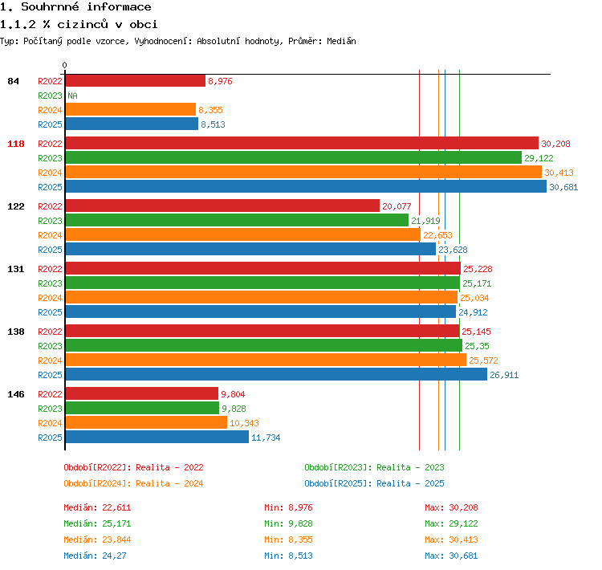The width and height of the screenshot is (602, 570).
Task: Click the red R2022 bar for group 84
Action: pos(136,80)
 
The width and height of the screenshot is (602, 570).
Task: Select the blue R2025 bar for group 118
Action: pos(306,187)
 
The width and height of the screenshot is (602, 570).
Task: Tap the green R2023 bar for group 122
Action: pos(237,221)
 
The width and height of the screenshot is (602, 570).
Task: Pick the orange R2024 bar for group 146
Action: pos(146,422)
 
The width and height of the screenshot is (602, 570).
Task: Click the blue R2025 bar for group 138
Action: pos(276,374)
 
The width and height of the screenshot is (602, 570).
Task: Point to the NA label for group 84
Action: pos(72,96)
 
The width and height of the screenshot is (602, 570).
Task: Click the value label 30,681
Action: pos(563,187)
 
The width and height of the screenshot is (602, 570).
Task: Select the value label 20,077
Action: pos(397,206)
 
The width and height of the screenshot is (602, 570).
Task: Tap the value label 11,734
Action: pos(266,438)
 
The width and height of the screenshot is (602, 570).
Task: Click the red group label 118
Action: pos(16,144)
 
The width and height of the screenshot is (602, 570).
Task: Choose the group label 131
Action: pos(16,269)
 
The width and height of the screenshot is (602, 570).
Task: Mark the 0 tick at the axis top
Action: pos(64,65)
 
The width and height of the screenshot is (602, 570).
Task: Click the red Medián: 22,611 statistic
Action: pos(97,507)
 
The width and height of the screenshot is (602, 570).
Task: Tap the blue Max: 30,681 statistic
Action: pos(451,556)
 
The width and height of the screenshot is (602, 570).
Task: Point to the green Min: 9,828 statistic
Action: pos(288,523)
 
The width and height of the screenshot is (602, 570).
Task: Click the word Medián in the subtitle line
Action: pos(341,41)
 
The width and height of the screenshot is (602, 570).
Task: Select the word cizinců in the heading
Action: pos(83,24)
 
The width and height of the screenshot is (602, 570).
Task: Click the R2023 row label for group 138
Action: pos(50,346)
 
